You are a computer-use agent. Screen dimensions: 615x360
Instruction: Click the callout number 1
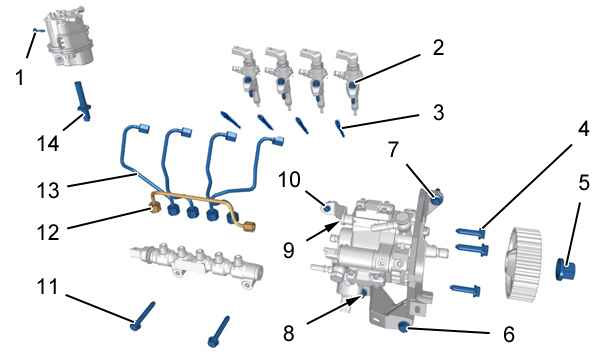[x=19, y=77]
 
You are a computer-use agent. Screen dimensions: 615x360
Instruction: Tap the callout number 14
[x=48, y=144]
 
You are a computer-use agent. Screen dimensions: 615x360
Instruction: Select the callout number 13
[x=48, y=191]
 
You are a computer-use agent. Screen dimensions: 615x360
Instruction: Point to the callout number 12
[x=48, y=232]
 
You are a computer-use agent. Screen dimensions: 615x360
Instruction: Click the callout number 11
[x=47, y=287]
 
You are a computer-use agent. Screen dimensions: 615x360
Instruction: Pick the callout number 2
[x=438, y=47]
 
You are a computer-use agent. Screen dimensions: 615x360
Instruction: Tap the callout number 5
[x=584, y=182]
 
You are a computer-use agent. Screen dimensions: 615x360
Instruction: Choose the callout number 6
[x=509, y=334]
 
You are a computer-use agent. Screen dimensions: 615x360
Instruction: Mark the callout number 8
[x=288, y=334]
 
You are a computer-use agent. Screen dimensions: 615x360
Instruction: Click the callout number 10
[x=289, y=180]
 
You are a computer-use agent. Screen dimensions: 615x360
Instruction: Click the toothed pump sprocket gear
[x=524, y=264]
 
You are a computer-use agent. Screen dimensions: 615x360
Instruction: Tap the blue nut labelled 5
[x=566, y=270]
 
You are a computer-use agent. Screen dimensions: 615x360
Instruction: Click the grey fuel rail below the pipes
[x=197, y=264]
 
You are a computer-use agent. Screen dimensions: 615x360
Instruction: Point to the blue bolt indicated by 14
[x=82, y=101]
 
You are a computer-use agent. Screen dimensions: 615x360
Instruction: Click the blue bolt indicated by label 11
[x=143, y=316]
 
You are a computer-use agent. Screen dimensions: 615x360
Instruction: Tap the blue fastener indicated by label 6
[x=403, y=326]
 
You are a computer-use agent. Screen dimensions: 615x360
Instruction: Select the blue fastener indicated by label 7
[x=436, y=199]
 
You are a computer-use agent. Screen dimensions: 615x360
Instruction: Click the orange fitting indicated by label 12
[x=154, y=208]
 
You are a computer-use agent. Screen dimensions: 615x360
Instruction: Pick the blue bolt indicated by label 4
[x=471, y=233]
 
